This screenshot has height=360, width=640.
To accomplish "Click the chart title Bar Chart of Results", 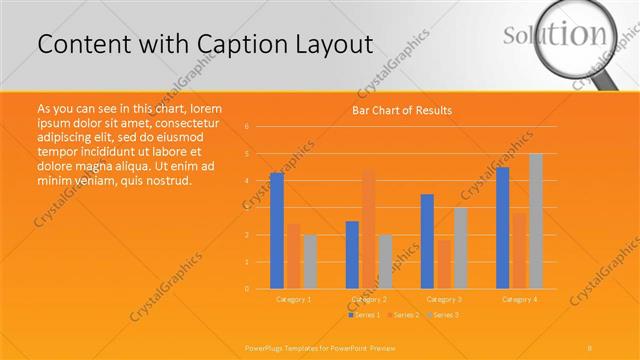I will (x=401, y=110).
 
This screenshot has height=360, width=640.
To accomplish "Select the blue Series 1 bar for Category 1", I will (x=277, y=231).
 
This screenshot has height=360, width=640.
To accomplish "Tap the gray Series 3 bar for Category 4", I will (x=536, y=221).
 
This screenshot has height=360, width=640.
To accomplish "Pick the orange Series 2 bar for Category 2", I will (x=369, y=229).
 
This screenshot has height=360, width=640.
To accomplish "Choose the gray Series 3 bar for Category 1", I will (x=310, y=262).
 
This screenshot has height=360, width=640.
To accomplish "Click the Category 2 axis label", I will (x=369, y=299).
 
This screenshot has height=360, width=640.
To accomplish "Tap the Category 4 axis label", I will (x=519, y=299).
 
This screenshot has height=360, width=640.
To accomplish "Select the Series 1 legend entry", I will (x=364, y=315).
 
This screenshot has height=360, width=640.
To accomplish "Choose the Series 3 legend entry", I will (x=442, y=315).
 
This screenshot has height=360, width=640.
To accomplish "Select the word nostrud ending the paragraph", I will (x=165, y=181).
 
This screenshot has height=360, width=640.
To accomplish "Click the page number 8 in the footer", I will (x=590, y=347).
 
